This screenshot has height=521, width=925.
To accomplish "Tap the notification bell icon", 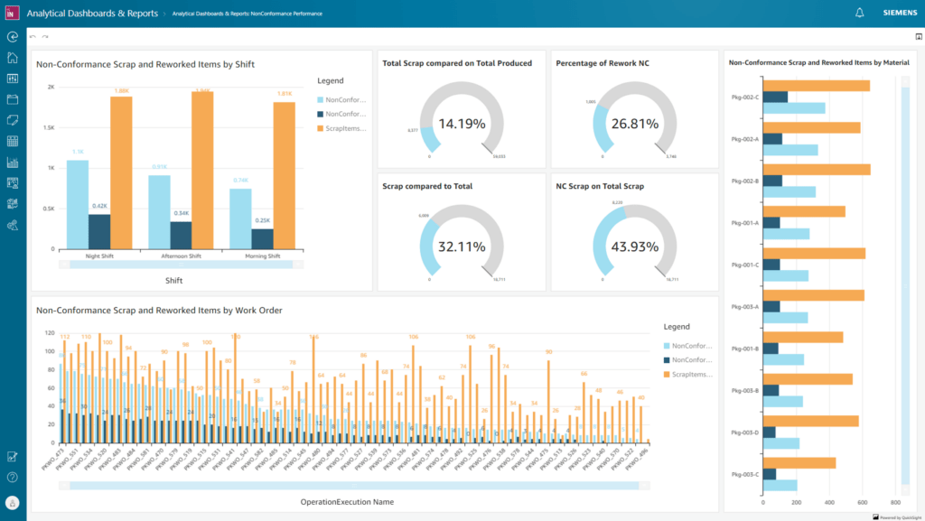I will pos(859,13).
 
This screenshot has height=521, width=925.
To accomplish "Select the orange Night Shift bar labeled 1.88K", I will pos(121,172).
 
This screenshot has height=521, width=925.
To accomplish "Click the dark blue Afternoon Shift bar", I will pos(181,235).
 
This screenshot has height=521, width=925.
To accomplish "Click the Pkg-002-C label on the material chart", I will pos(745,97).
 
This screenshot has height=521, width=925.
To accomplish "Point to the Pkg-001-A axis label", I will pos(745,222).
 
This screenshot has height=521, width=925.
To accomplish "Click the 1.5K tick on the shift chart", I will pos(50,127).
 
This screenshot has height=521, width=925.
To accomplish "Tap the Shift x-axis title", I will pos(174,280).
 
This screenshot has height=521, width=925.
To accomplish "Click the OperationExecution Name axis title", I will pos(348,501).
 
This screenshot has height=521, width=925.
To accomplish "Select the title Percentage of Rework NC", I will pos(603,63).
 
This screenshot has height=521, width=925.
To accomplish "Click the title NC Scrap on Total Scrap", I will pos(601,186).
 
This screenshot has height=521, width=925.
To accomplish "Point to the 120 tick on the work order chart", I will pos(49,332).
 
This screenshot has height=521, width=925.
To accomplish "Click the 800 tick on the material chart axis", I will pos(894,502).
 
